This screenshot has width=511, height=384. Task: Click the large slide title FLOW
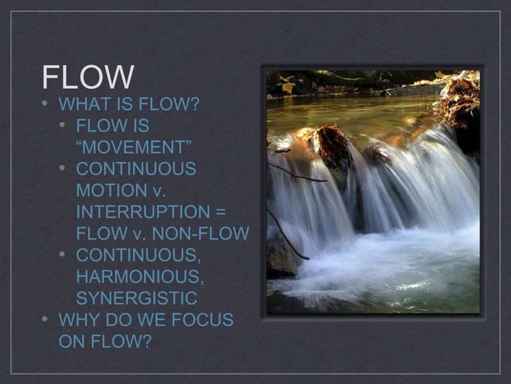coord(88,78)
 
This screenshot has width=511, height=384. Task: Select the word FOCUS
coord(201,321)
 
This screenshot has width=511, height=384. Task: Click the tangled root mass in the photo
coord(459,100)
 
